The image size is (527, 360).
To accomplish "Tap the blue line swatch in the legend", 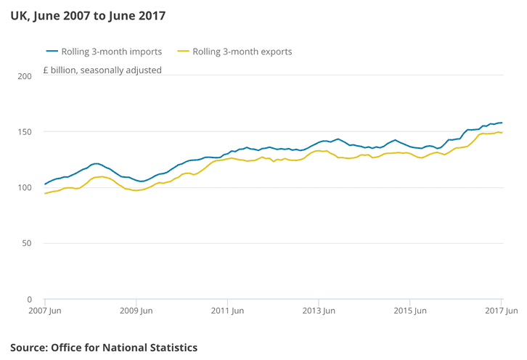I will pos(52,52).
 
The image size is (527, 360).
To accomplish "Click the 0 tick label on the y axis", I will pos(29,299).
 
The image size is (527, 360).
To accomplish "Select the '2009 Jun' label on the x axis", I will pos(136,311).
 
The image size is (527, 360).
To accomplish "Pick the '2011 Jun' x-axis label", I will pos(227,311).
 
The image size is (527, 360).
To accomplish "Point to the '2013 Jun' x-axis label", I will pos(319,311).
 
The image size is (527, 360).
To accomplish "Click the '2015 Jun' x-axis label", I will pos(410,311).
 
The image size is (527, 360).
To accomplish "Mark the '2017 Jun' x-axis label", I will pos(502,311).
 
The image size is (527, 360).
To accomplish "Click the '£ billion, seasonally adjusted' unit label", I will pos(102,70).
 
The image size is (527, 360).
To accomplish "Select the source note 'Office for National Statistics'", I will pos(124,348).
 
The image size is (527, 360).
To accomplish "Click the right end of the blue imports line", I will pos(502,123).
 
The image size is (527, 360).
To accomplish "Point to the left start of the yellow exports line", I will pos(45,193).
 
